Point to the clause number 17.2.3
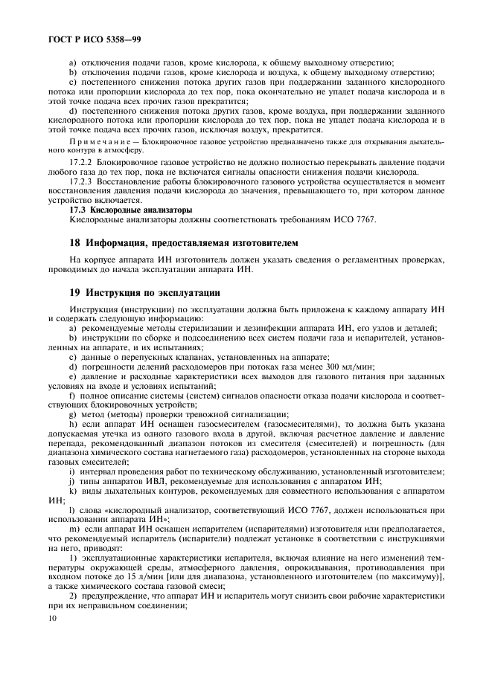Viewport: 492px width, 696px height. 83,181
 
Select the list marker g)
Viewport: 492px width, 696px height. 73,413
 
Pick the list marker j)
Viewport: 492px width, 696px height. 71,481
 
